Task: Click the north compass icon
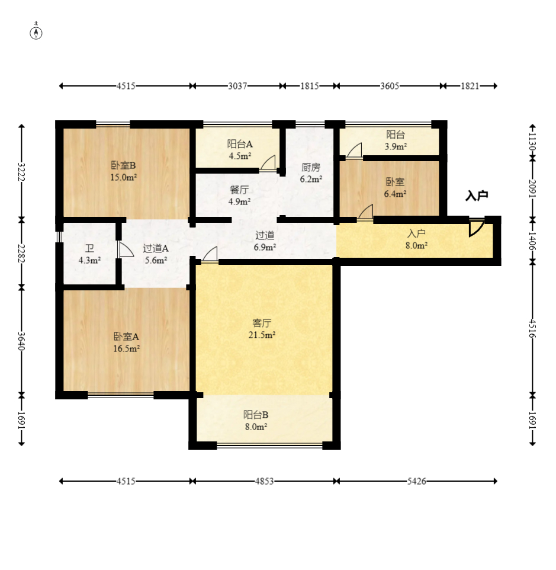36,33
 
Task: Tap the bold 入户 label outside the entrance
477,196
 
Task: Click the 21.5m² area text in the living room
262,335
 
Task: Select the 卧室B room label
124,165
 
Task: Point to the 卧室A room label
126,337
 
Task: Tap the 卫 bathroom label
89,248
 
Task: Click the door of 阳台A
268,163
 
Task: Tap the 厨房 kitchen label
311,167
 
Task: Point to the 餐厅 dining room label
239,190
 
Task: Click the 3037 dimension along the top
237,86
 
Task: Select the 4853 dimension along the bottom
264,481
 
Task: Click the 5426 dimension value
416,481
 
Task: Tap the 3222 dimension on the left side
21,172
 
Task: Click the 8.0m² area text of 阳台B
256,427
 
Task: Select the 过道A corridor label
156,248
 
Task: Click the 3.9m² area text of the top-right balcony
396,146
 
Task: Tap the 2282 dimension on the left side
21,254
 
